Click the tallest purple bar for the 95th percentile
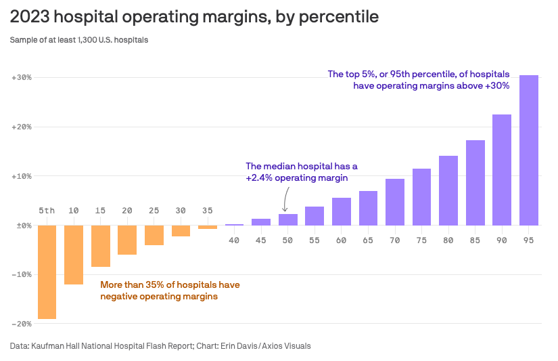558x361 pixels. tap(528, 150)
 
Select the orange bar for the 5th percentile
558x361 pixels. tap(47, 272)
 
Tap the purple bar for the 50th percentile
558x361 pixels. tap(288, 219)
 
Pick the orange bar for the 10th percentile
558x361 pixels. tap(74, 255)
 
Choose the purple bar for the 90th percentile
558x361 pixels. tap(502, 170)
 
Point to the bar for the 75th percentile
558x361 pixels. tap(421, 197)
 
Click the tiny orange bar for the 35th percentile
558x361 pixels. tap(208, 227)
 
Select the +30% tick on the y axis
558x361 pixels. tap(22, 78)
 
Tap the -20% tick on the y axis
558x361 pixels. tap(22, 324)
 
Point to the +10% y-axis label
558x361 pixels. tap(22, 176)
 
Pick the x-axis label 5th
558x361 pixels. tap(47, 211)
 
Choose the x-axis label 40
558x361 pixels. tap(234, 240)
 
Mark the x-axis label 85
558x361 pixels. tap(475, 240)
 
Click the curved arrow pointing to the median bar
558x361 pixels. tap(285, 200)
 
